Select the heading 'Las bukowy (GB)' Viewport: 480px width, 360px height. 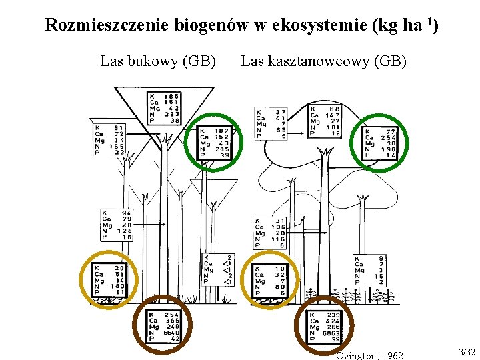[x=157, y=62]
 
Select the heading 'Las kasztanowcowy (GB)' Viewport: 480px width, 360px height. [x=323, y=62]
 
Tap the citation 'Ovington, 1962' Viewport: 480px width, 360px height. [x=369, y=355]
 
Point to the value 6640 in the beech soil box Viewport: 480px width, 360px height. [x=171, y=333]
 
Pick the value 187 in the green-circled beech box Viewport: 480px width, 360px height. [x=222, y=131]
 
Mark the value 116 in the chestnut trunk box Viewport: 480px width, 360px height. [x=277, y=239]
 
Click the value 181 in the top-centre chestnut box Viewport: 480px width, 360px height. [x=333, y=127]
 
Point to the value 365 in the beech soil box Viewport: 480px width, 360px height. [x=172, y=321]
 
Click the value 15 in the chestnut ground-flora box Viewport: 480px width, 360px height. [x=381, y=276]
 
